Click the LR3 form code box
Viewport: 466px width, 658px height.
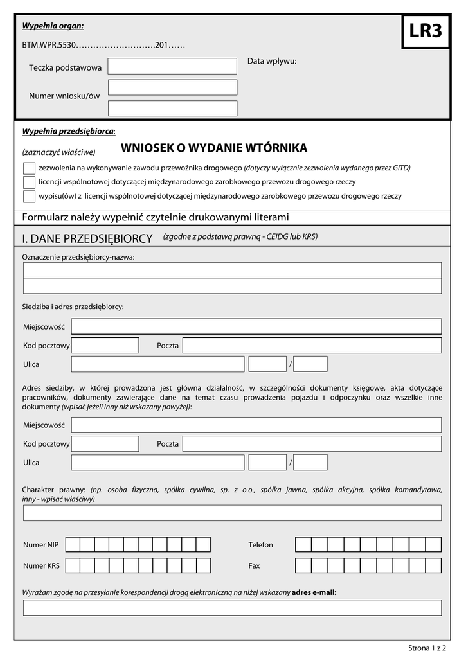(426, 31)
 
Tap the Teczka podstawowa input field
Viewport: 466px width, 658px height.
(172, 66)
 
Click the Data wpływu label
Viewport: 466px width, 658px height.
(272, 62)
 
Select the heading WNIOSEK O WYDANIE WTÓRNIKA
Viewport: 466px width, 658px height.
(214, 148)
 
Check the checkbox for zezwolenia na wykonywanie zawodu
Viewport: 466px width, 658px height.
(29, 168)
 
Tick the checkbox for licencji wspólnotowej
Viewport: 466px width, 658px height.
(29, 182)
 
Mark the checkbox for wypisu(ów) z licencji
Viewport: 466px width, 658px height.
(29, 196)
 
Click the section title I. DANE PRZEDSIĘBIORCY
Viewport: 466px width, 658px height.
(87, 238)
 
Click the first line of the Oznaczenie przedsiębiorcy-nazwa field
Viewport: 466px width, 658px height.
(232, 270)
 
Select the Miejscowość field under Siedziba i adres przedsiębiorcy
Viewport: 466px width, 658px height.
(256, 326)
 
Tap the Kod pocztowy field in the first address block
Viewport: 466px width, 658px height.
(105, 346)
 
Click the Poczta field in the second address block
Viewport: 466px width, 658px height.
(312, 444)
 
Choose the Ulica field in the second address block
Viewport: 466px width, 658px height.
(157, 463)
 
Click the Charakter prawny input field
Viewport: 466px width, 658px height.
(232, 513)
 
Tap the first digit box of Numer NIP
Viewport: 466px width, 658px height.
(73, 545)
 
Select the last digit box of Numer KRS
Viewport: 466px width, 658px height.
(203, 566)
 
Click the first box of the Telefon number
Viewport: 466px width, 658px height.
(303, 545)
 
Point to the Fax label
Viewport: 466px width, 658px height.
(254, 566)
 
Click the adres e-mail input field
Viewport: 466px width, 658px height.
(232, 608)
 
